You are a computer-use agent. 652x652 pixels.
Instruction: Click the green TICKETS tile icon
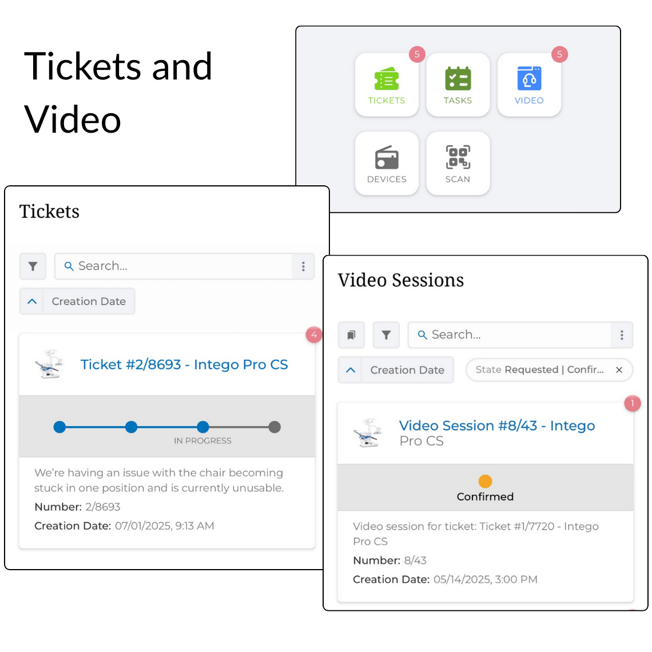387,79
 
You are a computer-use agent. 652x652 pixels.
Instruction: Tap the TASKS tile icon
458,79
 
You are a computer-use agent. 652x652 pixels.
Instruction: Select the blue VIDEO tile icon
529,79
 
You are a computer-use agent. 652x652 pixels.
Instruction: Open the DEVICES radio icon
387,158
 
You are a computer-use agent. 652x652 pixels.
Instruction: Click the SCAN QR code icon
458,157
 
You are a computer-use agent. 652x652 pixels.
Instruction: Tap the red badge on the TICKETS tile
417,54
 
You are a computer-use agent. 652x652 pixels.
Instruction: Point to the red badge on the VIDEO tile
559,54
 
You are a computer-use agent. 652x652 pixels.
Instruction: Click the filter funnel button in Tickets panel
33,266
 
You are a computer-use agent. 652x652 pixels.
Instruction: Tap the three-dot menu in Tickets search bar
303,266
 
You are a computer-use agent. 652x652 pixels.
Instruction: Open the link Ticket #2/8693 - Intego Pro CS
184,365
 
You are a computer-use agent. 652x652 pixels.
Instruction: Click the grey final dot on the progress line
275,427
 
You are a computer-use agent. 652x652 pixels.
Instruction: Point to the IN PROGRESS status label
202,441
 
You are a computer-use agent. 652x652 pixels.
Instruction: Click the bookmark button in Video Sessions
351,335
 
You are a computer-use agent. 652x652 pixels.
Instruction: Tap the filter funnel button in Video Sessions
386,335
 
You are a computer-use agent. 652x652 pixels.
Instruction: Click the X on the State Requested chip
619,370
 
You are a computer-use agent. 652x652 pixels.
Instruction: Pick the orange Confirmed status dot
485,481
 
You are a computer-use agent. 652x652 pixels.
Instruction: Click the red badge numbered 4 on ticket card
313,335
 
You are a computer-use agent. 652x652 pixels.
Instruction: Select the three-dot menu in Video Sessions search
622,335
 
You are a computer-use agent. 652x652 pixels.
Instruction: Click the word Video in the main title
73,120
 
